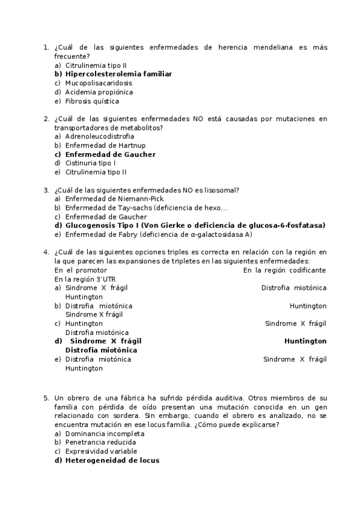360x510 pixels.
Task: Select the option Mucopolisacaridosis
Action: (x=99, y=83)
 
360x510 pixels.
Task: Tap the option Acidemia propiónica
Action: (x=99, y=92)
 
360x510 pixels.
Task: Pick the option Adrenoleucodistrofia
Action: (x=100, y=137)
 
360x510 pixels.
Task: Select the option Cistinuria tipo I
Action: (x=90, y=163)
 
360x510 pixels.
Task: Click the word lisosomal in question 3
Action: (x=221, y=190)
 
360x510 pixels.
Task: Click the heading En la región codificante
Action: (x=285, y=271)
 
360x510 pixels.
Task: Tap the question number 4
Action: (x=46, y=253)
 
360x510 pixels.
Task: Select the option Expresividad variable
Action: (x=101, y=452)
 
